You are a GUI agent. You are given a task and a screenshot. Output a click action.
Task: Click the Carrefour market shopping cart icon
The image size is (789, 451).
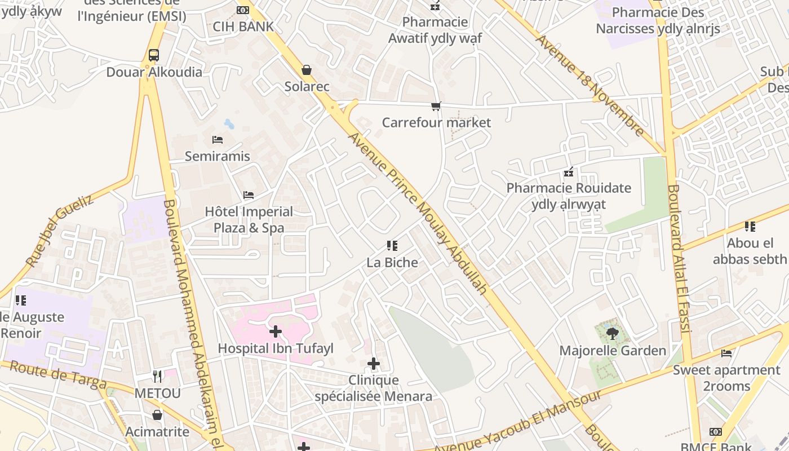tap(436, 106)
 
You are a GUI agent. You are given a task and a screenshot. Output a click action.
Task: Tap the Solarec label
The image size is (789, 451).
tap(307, 87)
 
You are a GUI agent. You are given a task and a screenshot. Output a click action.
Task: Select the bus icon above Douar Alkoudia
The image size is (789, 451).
tap(154, 55)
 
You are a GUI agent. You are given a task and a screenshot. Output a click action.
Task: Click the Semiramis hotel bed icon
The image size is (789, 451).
tap(218, 139)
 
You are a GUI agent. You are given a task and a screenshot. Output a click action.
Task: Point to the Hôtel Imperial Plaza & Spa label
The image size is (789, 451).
tap(249, 220)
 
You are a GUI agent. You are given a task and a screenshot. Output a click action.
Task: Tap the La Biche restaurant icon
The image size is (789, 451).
tap(392, 245)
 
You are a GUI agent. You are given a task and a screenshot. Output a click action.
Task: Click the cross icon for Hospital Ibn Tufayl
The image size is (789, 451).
tap(276, 331)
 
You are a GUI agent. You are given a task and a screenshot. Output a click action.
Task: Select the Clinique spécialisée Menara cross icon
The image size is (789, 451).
tap(373, 364)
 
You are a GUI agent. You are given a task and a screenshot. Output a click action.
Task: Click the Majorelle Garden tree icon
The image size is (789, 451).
tap(613, 334)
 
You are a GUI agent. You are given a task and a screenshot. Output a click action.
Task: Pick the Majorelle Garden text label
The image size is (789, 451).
tap(613, 351)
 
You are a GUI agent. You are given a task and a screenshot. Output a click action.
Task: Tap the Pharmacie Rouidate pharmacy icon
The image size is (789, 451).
tap(569, 171)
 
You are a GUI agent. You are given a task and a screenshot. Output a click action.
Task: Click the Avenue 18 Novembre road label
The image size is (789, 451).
tap(589, 86)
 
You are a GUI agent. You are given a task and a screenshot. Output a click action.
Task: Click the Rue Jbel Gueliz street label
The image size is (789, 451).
tap(59, 231)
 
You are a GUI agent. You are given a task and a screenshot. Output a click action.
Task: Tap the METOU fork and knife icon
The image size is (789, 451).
tap(157, 376)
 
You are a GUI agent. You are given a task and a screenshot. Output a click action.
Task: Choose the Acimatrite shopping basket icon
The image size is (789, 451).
tap(157, 415)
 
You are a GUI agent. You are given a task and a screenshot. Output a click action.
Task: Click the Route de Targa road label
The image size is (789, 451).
tap(58, 375)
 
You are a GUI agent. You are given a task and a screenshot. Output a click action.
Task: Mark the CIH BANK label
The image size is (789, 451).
tap(243, 26)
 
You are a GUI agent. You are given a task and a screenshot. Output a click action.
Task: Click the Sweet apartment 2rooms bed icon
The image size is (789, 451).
tap(726, 353)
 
